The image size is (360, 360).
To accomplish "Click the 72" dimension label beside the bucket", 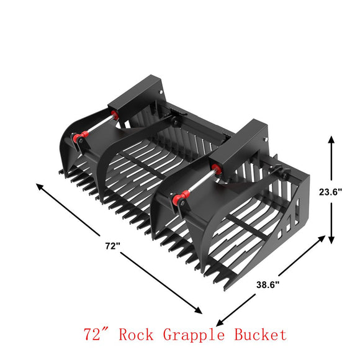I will (112, 246).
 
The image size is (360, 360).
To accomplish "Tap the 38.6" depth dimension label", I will (268, 285).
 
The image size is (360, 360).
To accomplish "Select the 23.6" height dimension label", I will (346, 192).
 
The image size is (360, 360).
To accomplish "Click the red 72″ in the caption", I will (97, 335).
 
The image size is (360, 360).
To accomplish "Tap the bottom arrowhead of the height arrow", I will (331, 240).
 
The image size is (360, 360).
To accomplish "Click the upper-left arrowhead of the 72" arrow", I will (39, 185).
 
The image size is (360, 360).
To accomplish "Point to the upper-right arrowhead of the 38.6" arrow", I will (323, 237).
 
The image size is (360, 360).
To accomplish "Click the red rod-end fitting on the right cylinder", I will (180, 200).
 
